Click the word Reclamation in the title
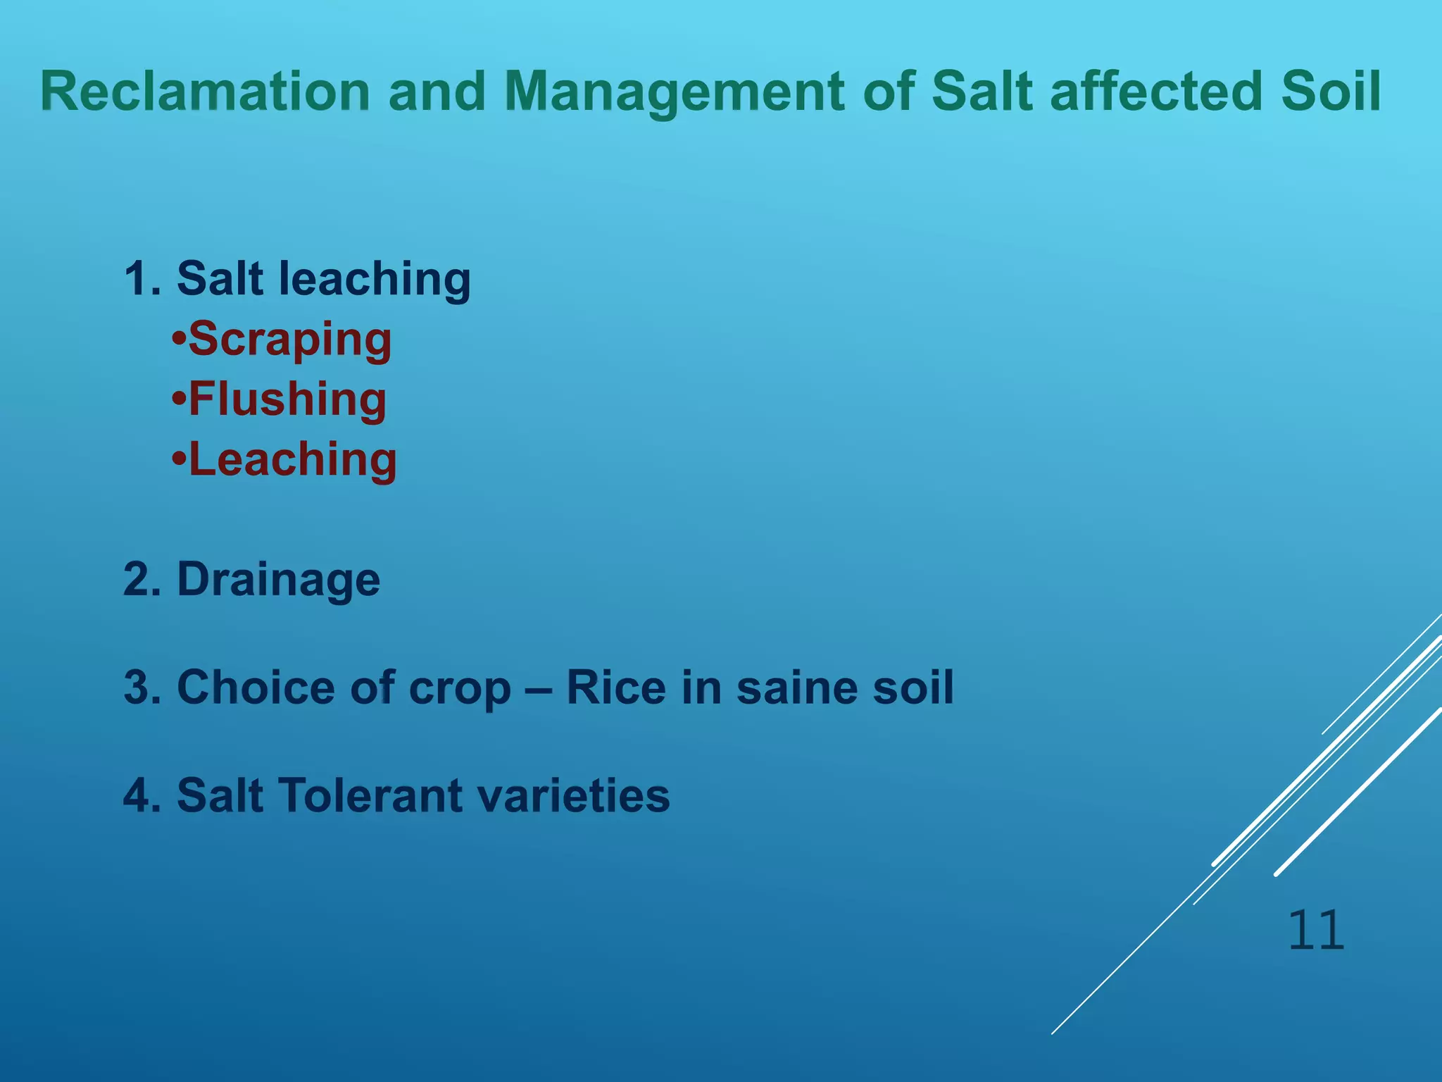coord(205,91)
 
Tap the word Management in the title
coord(675,92)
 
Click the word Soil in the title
coord(1331,91)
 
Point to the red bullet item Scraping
coord(289,340)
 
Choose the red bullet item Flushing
coord(287,399)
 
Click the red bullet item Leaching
coord(292,459)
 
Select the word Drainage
coord(278,580)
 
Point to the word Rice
coord(615,687)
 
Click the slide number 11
coord(1315,931)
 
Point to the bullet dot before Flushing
coord(179,399)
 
